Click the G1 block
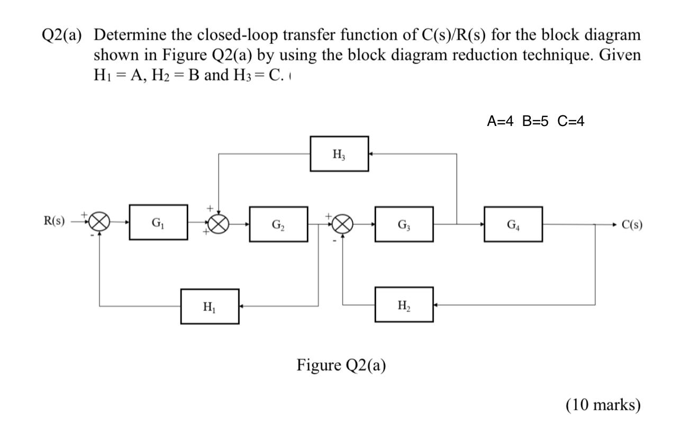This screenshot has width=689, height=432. click(x=158, y=222)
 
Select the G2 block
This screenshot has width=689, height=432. click(x=278, y=224)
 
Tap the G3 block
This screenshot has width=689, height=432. click(x=404, y=224)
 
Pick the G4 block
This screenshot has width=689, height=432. click(x=513, y=224)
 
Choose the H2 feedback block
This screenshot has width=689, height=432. click(x=404, y=304)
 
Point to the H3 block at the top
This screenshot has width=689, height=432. click(x=339, y=154)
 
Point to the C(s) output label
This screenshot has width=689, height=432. click(x=632, y=224)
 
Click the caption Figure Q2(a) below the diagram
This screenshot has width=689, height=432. click(x=341, y=365)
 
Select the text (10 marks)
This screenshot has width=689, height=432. click(x=603, y=405)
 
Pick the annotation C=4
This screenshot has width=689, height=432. click(x=571, y=121)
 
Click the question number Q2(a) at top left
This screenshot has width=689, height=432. click(x=61, y=36)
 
